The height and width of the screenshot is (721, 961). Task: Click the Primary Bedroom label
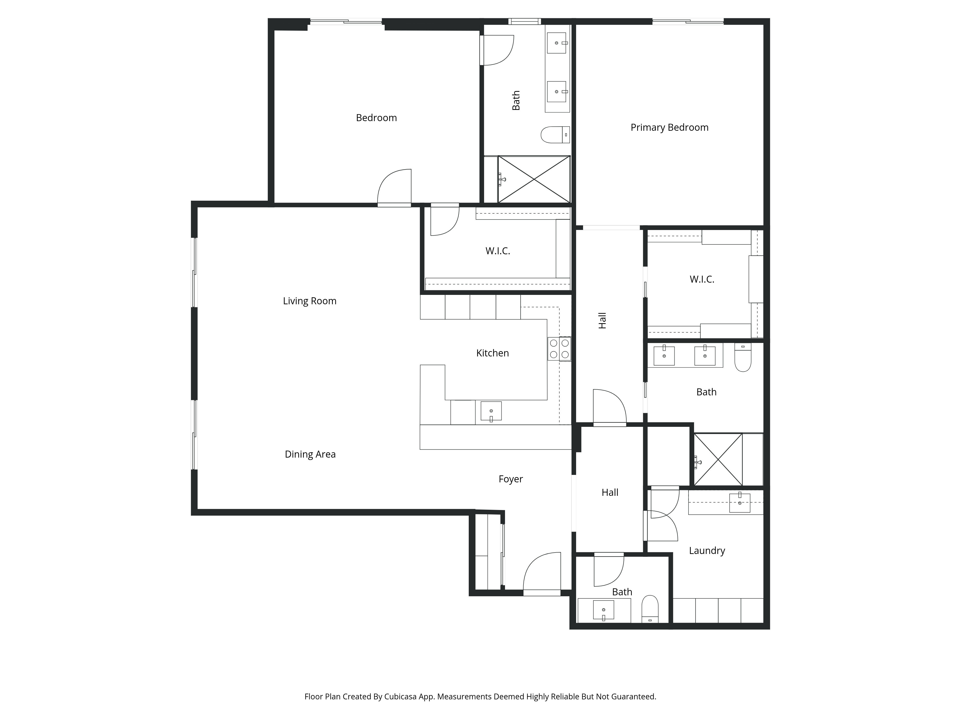(670, 127)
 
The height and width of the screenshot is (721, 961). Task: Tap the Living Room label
(310, 301)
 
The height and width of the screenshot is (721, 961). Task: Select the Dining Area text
(310, 454)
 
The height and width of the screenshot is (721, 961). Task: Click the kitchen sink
(491, 411)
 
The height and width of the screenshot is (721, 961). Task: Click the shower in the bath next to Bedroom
(534, 179)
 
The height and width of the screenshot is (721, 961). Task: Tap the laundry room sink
(740, 502)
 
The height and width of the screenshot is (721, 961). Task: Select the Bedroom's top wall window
(346, 21)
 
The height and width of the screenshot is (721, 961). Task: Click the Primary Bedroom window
(688, 21)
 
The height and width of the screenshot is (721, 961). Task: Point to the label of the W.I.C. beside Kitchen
(498, 251)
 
